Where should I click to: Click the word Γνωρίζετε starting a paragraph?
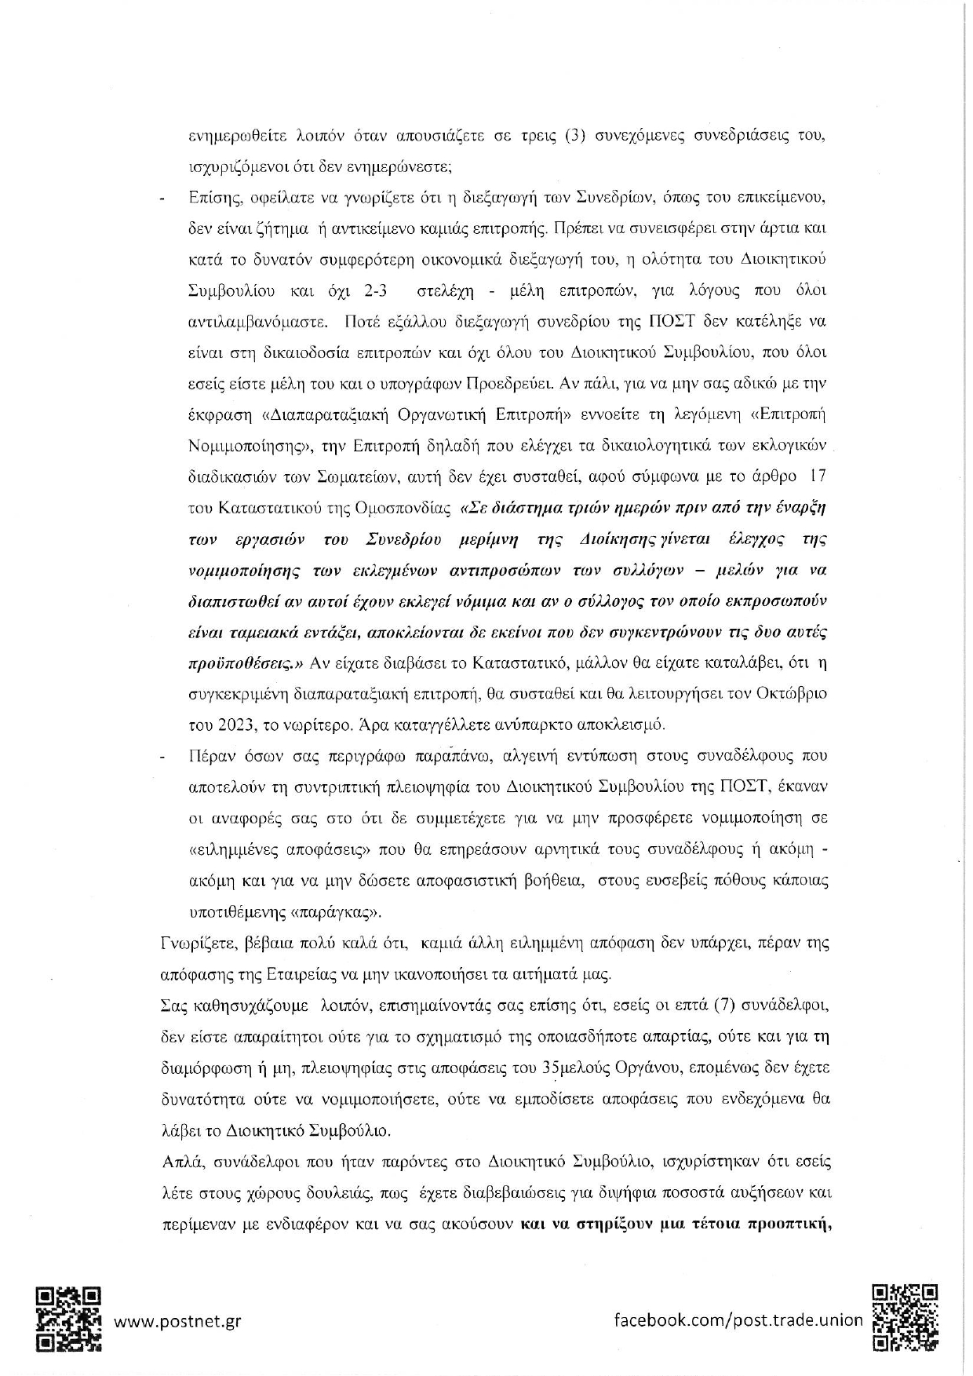(191, 943)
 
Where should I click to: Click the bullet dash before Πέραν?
(162, 757)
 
